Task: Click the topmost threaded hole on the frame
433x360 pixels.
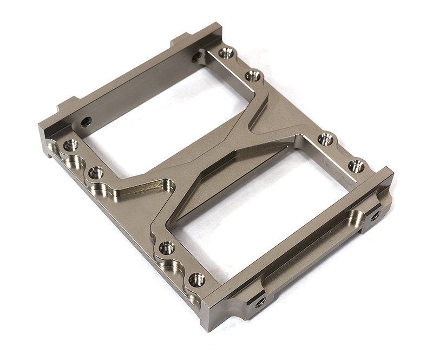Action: [226, 53]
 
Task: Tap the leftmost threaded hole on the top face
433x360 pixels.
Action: [70, 145]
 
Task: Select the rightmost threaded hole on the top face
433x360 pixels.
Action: [356, 166]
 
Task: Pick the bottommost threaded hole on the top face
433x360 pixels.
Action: [196, 280]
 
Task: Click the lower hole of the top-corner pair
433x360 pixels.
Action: [253, 76]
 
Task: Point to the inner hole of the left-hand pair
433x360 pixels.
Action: [96, 173]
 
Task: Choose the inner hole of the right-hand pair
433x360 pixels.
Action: [325, 139]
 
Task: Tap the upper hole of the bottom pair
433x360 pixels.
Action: [167, 248]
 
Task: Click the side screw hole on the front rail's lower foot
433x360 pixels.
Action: [260, 302]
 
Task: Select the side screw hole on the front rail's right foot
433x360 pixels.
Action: [375, 215]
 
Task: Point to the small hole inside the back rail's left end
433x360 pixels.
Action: [86, 122]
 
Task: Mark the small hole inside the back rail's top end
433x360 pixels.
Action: [196, 56]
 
